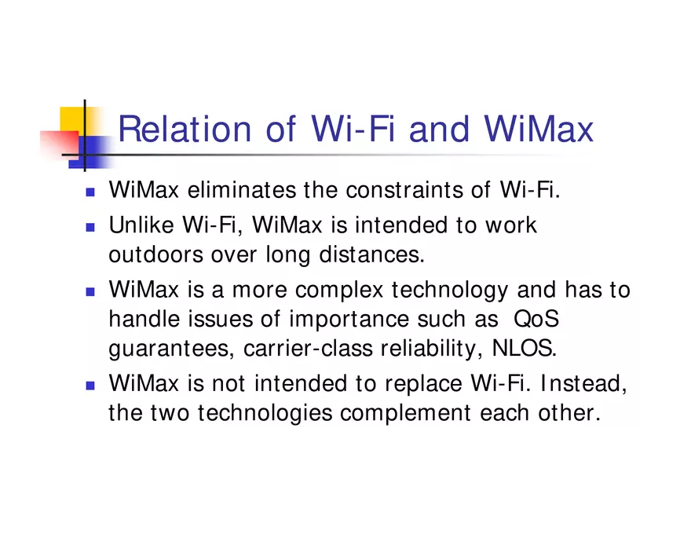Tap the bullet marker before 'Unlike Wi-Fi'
(90, 227)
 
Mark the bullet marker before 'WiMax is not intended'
(90, 386)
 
